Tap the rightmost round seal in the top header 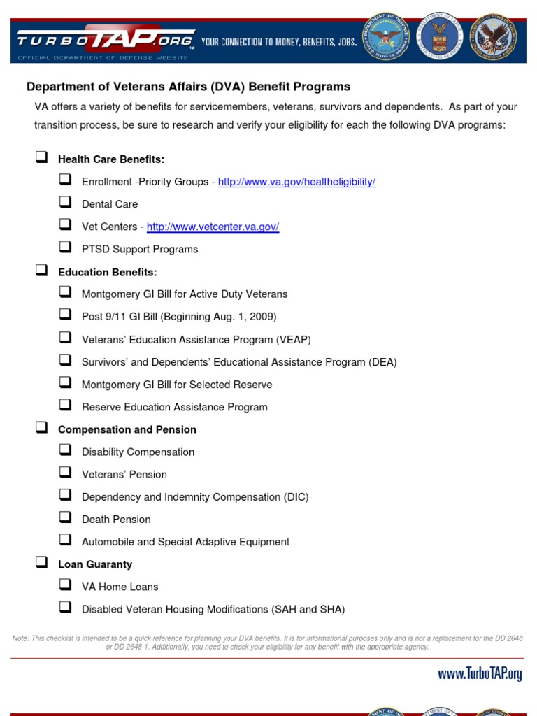[x=496, y=39]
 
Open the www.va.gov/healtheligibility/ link [x=296, y=182]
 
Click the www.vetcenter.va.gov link [x=213, y=227]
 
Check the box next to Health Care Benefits [x=41, y=157]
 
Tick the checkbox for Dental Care [x=65, y=203]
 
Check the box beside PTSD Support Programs [x=65, y=248]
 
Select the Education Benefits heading [x=107, y=272]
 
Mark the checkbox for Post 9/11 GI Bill [x=65, y=315]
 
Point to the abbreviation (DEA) [x=382, y=362]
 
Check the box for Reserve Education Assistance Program [x=65, y=406]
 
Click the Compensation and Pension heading [x=127, y=429]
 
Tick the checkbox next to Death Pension [x=65, y=518]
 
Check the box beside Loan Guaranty [x=41, y=562]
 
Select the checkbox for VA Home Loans [x=65, y=585]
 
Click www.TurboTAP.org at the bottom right [x=480, y=675]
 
